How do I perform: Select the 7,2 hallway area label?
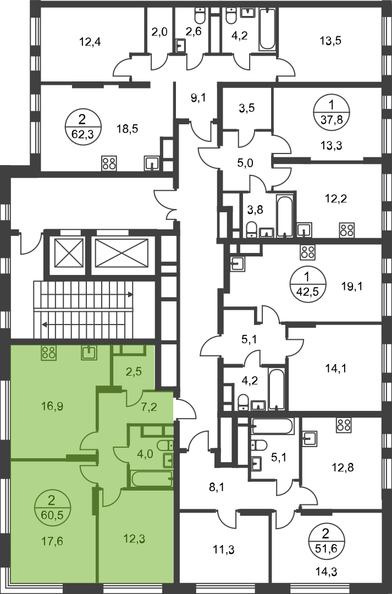[x=150, y=408]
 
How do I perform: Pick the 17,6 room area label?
[x=52, y=541]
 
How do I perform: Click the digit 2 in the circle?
[x=51, y=500]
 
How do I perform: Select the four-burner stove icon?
[x=48, y=352]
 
